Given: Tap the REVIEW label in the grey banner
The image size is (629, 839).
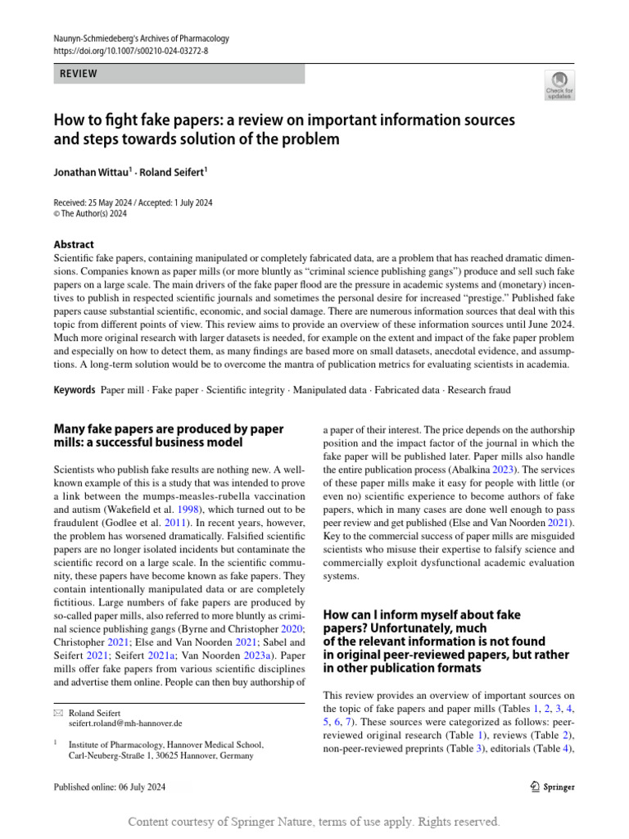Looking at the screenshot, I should click(x=79, y=74).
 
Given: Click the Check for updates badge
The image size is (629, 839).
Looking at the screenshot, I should click(x=559, y=84).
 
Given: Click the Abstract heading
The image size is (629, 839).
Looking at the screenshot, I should click(x=74, y=244).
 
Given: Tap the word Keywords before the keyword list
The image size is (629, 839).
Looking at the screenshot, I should click(x=75, y=390).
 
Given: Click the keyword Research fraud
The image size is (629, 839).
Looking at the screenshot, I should click(x=479, y=390).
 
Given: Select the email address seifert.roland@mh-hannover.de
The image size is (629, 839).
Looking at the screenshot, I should click(x=125, y=724).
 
